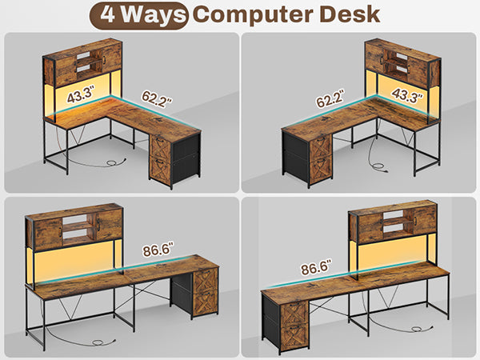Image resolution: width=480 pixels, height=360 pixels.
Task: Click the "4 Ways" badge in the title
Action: point(138,15)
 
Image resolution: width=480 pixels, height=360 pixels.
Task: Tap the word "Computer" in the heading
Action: point(253,15)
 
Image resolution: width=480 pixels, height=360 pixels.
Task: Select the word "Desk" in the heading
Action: point(350,14)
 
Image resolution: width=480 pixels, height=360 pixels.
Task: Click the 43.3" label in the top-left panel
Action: point(81,94)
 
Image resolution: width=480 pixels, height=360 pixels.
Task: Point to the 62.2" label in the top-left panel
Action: point(157,99)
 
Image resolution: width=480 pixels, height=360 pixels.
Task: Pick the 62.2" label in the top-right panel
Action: point(330,98)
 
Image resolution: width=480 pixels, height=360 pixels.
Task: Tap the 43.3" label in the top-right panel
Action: point(407,95)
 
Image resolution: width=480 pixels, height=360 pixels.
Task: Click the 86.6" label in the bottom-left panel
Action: point(158,250)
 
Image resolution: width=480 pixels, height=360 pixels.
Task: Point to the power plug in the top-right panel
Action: point(380,167)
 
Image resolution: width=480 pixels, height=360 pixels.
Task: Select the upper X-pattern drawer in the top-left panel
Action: point(160,148)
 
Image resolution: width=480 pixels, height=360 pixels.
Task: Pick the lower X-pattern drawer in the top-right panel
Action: point(321,170)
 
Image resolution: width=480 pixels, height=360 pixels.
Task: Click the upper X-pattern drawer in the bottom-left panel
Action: point(206,281)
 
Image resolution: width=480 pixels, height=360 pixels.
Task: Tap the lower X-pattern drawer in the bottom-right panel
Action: point(294,336)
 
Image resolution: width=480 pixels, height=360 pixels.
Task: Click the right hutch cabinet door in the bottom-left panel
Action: point(109,224)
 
